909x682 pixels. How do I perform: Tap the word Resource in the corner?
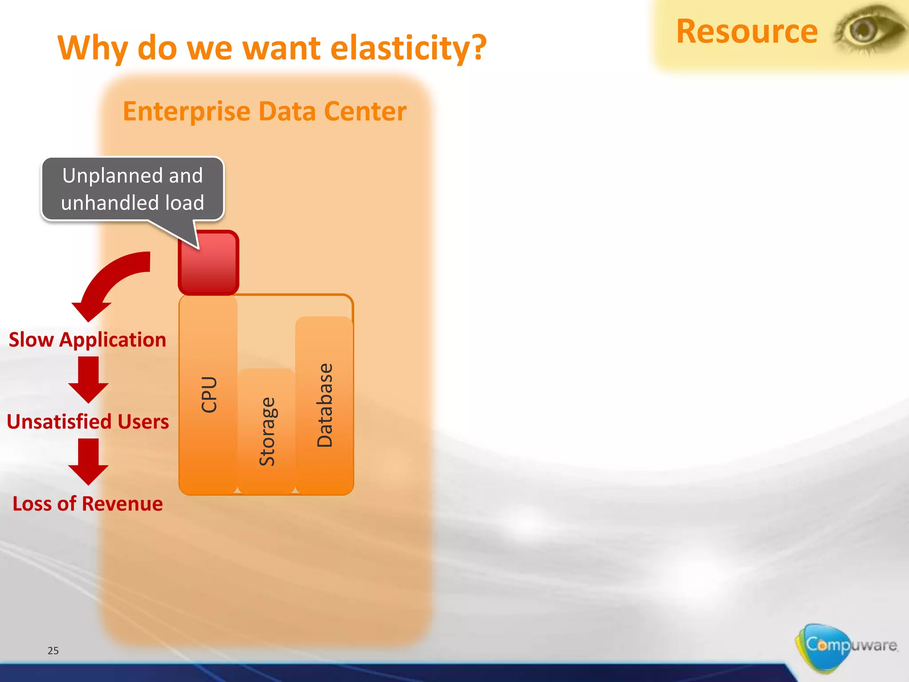(747, 32)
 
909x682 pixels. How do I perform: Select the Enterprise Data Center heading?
(265, 111)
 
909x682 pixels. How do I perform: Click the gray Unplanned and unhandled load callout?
(133, 189)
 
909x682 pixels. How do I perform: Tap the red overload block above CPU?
(209, 263)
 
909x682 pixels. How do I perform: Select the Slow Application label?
(87, 340)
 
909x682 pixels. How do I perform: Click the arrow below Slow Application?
(88, 380)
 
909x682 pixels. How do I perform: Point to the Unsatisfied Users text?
(88, 422)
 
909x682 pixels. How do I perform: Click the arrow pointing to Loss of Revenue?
(88, 462)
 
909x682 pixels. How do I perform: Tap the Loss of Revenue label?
(87, 504)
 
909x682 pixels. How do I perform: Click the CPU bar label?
(209, 394)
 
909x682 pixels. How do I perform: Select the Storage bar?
(267, 431)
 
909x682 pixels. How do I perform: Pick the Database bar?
(324, 405)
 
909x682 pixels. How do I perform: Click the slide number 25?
(53, 651)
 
